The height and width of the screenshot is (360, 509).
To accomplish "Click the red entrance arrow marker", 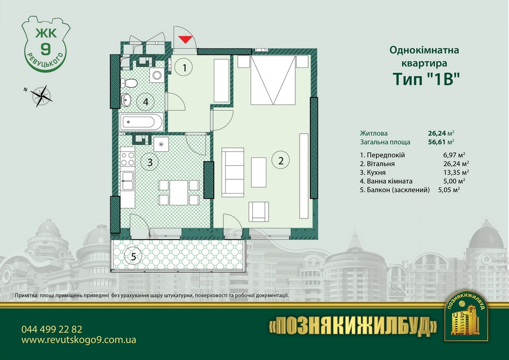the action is click(184, 40).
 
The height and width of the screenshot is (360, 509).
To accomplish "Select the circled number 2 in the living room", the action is click(281, 161).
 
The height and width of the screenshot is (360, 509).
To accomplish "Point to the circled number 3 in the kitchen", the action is click(150, 162).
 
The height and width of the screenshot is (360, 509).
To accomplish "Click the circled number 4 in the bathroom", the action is click(145, 102).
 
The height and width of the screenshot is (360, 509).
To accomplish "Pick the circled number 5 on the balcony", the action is click(133, 256).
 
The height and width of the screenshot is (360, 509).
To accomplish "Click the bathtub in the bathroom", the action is click(141, 122).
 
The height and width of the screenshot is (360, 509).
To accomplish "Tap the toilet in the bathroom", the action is click(130, 84).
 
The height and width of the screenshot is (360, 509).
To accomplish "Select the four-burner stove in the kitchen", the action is click(128, 159).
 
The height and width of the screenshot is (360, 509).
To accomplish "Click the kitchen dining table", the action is click(179, 192).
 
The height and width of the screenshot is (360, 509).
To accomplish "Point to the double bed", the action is click(273, 80).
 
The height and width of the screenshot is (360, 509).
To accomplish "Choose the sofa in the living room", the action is click(232, 173).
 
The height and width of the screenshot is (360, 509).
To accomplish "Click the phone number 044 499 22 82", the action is click(52, 329).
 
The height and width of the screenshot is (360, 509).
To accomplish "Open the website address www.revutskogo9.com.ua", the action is click(79, 340).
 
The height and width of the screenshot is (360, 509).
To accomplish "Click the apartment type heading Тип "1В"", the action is click(426, 79).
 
